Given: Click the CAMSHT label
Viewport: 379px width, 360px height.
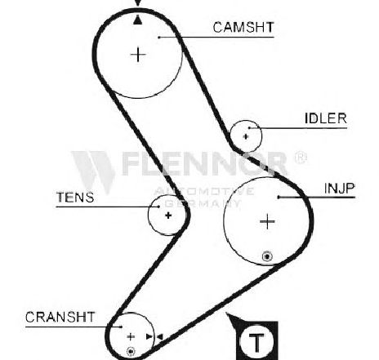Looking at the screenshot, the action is (243, 28).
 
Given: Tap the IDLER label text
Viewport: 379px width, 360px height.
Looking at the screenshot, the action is (326, 118).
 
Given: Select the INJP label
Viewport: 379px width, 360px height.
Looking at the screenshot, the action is (340, 188).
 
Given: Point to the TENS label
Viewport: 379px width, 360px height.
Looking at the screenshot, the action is (75, 198).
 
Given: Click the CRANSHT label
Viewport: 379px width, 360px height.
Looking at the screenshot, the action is (60, 317).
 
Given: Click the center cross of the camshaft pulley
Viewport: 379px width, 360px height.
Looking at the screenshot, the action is (138, 55).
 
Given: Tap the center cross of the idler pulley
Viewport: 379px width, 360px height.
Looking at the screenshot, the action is (246, 136).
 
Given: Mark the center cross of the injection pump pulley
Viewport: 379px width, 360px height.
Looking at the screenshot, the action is (267, 221).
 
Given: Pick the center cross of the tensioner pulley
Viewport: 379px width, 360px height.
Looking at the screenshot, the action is (168, 216).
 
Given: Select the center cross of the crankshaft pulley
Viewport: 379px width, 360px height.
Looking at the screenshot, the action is (131, 337).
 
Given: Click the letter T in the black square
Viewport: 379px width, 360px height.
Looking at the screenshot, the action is (256, 342).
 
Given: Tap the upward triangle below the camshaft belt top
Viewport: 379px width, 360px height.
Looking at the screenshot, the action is (138, 20).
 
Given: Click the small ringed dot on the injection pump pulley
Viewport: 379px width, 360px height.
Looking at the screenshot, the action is (267, 256).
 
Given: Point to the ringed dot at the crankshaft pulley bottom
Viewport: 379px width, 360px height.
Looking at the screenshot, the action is (131, 352).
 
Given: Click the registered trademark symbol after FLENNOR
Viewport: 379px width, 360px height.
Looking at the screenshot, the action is (301, 158).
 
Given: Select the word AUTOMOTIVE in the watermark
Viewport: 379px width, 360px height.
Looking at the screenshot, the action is (204, 191).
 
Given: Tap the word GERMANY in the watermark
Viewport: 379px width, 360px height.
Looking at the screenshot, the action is (203, 203).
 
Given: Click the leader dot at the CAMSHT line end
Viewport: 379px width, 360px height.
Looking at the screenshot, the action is (159, 38).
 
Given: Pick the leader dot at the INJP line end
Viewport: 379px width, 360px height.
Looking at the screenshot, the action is (279, 197).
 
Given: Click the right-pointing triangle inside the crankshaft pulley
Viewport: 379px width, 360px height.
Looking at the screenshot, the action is (149, 337).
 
